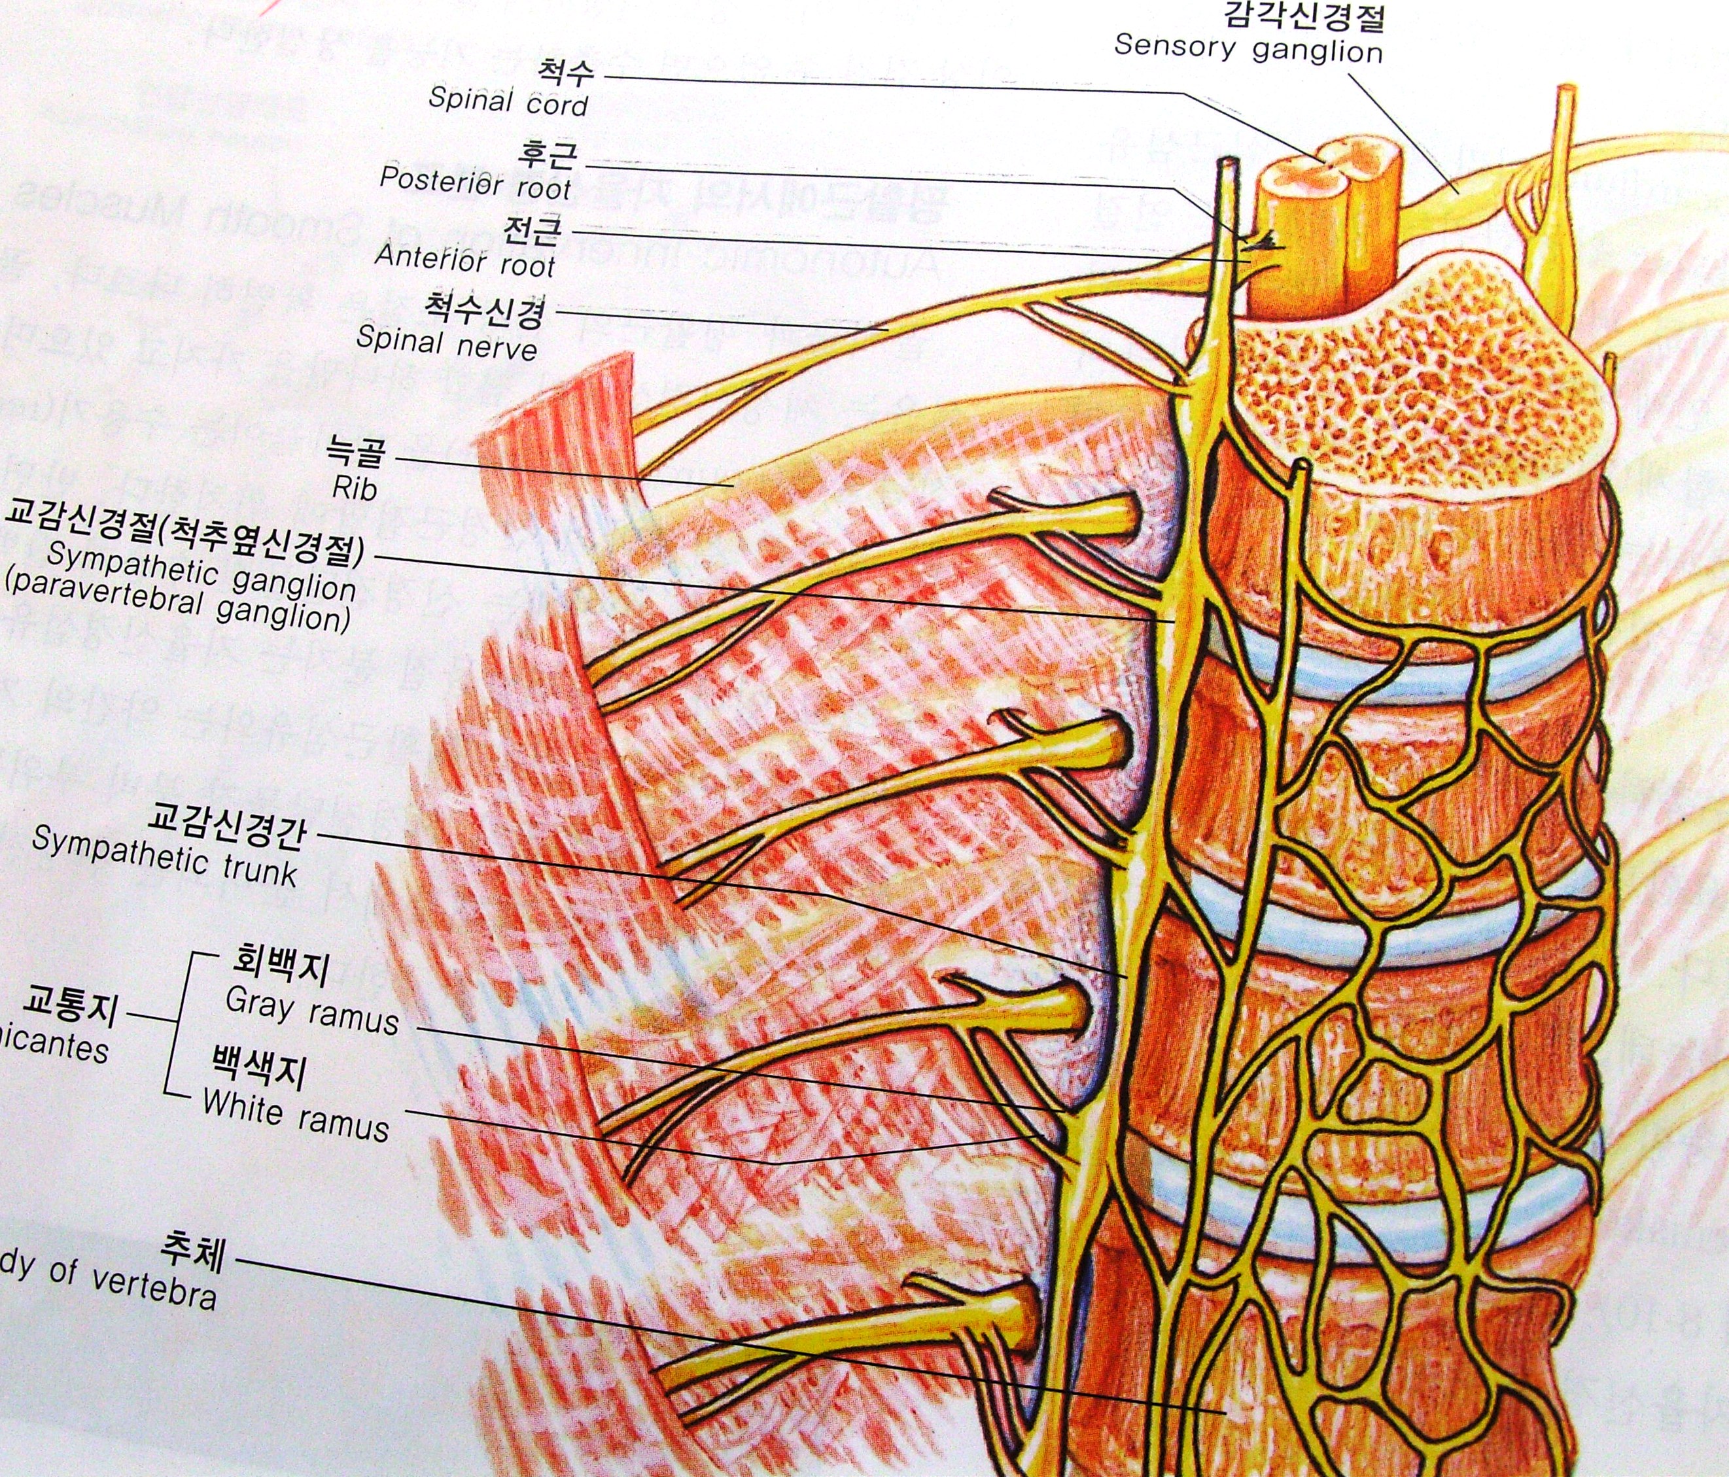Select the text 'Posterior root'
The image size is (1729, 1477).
click(x=475, y=182)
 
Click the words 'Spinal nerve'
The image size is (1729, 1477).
click(x=446, y=342)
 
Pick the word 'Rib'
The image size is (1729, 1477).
click(x=355, y=487)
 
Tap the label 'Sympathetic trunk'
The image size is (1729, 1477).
click(x=164, y=856)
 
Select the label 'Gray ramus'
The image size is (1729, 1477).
click(x=311, y=1011)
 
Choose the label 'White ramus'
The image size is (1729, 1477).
click(x=296, y=1114)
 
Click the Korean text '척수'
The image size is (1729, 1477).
click(x=567, y=72)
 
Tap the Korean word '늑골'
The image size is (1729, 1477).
click(x=358, y=455)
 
